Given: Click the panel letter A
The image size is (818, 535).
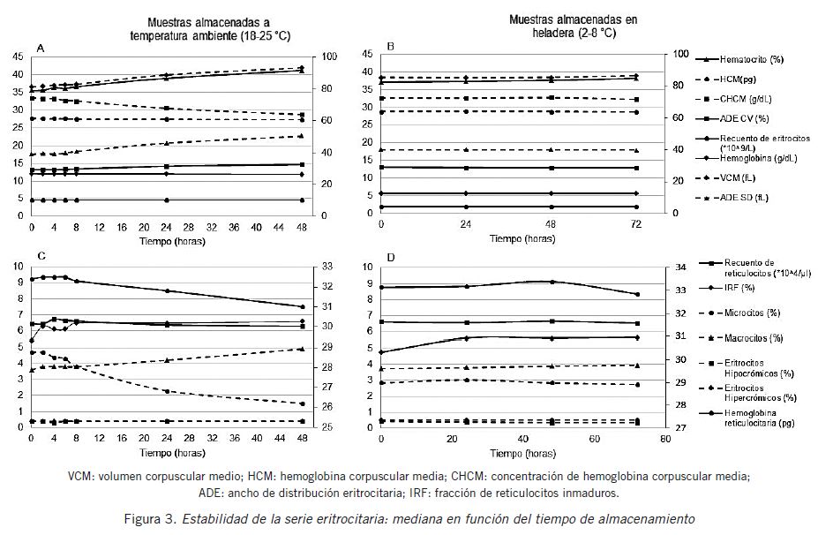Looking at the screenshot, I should [41, 49].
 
